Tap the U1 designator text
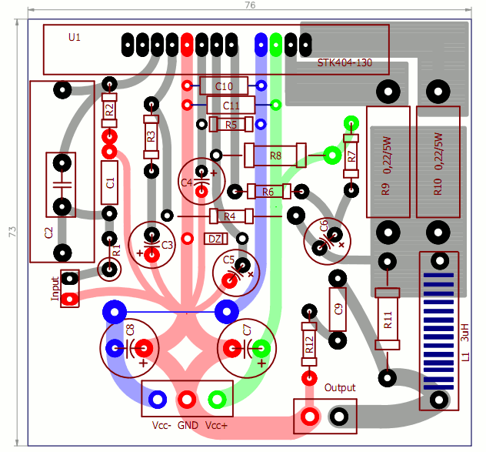pos(74,37)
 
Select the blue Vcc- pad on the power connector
pos(158,398)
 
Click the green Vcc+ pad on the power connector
pos(218,398)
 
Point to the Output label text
pos(340,387)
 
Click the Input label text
pos(55,288)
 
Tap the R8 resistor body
pos(275,156)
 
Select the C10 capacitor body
pos(224,85)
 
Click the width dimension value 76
pos(249,5)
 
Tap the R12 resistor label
pos(309,346)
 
